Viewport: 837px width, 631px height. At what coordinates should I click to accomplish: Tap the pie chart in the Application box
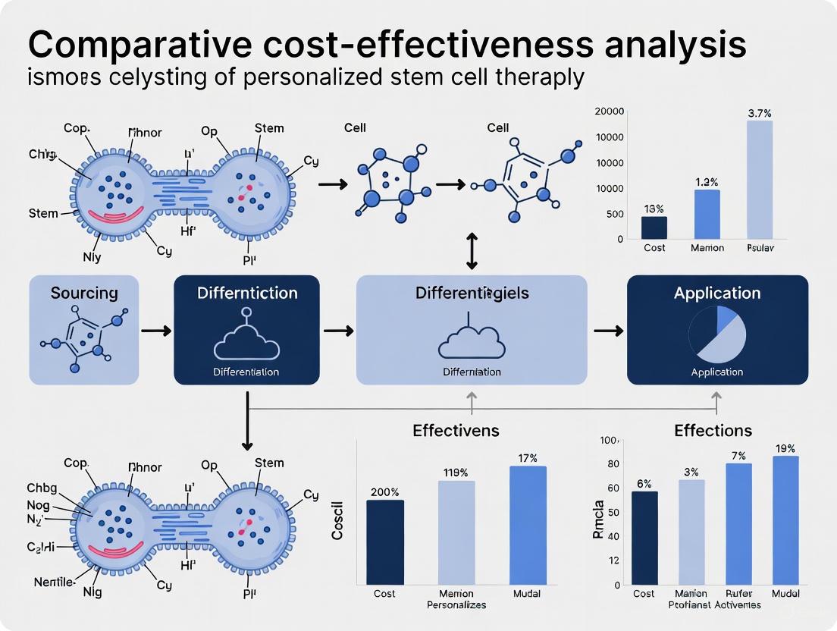(x=716, y=334)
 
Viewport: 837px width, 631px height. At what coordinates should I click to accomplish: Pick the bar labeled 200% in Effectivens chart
(x=384, y=542)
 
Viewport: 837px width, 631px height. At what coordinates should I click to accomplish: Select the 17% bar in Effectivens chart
(x=528, y=525)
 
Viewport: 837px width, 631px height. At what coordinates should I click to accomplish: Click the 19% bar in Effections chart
(x=785, y=520)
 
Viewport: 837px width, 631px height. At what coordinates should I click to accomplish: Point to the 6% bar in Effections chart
(x=644, y=538)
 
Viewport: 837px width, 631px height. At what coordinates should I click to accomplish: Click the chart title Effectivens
(x=456, y=430)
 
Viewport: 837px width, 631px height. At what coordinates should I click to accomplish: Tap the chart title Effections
(x=713, y=430)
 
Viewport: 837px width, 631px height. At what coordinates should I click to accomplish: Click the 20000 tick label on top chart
(x=610, y=111)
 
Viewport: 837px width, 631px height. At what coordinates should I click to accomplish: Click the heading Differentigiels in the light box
(x=471, y=293)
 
